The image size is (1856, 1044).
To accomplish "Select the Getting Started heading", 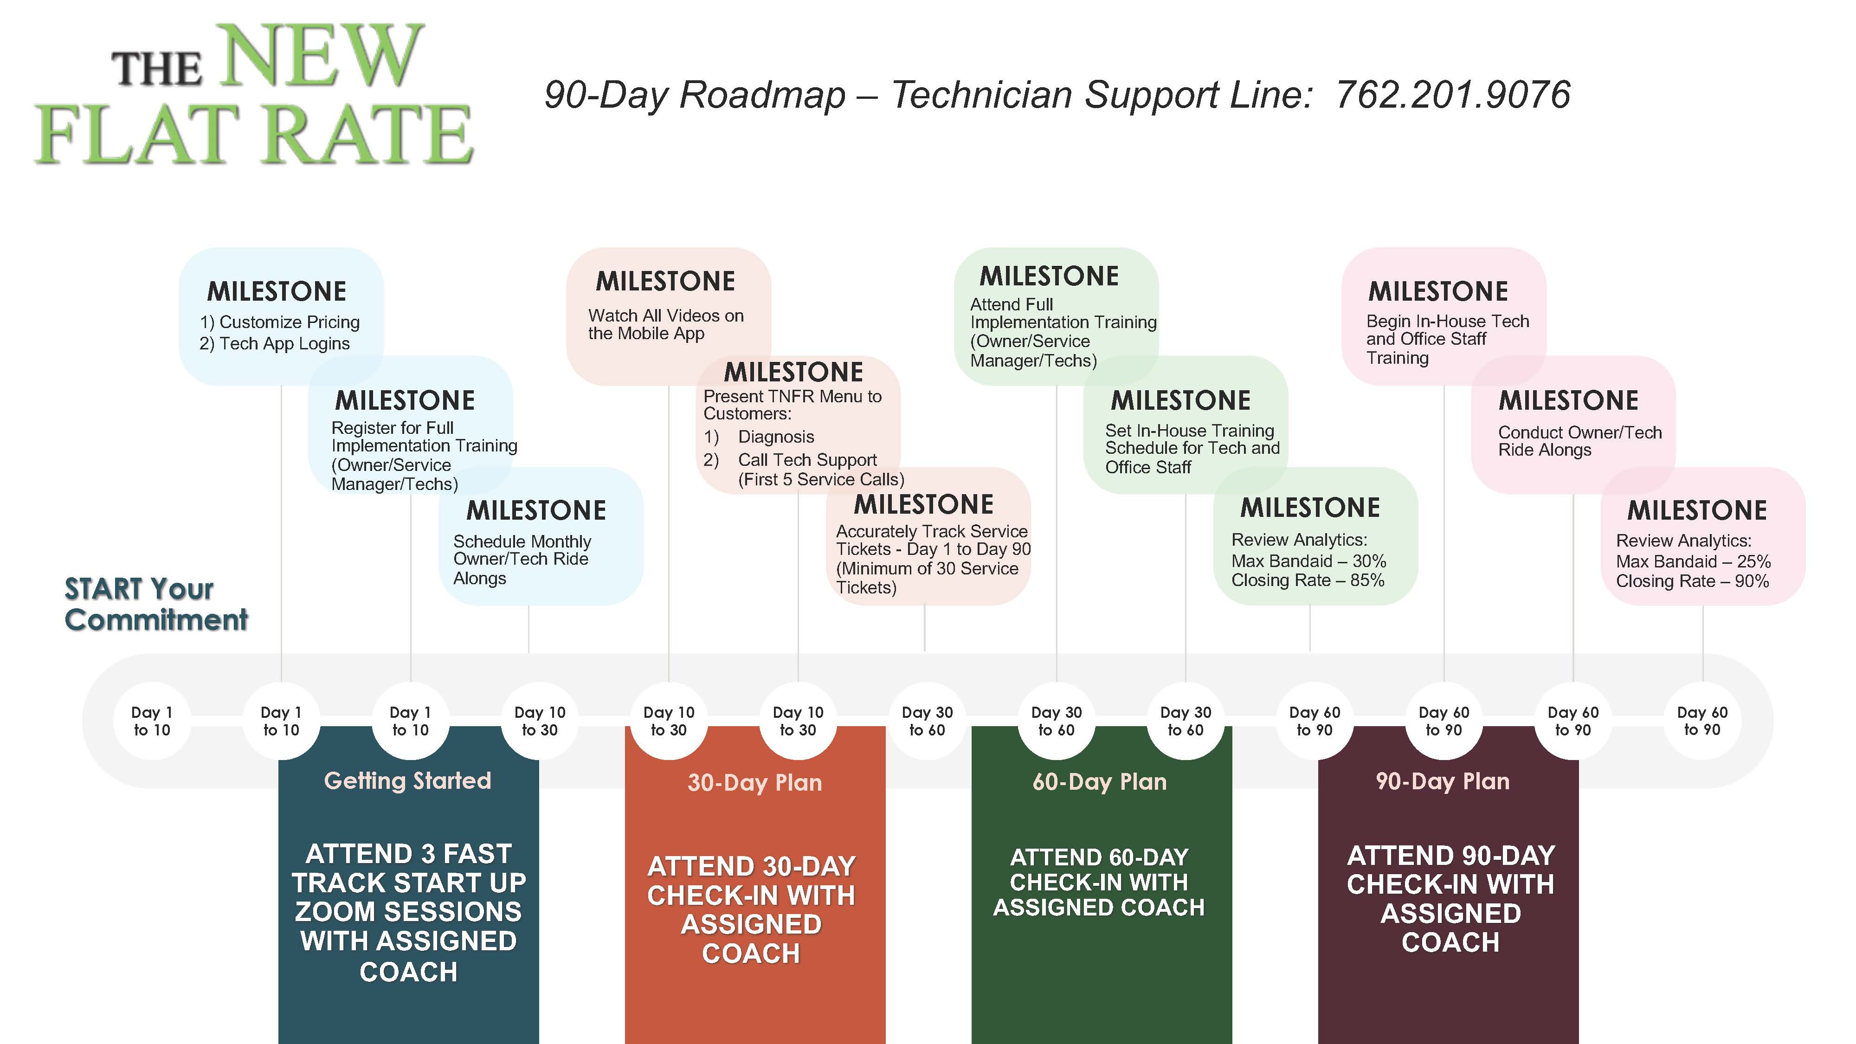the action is tap(408, 780).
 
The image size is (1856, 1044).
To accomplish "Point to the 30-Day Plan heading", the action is tap(754, 782).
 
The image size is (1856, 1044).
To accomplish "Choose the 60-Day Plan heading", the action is tap(1100, 782).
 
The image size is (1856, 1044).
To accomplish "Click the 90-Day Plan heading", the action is tap(1443, 781).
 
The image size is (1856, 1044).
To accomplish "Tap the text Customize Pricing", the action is tap(289, 322).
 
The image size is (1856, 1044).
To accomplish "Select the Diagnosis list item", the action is tap(776, 437).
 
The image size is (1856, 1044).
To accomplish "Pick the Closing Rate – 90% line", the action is tap(1693, 581).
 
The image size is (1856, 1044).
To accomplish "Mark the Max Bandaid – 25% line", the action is tap(1693, 561).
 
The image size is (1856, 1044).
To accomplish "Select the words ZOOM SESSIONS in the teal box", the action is tap(408, 911).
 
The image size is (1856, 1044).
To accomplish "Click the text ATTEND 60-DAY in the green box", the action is tap(1099, 857).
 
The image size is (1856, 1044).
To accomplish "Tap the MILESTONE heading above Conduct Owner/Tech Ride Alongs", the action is tap(1568, 400).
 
